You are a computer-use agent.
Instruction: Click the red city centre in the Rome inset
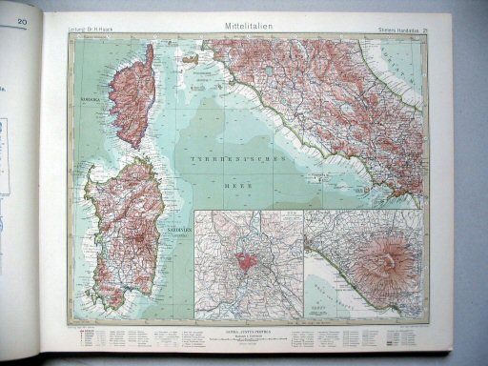click(249, 262)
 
